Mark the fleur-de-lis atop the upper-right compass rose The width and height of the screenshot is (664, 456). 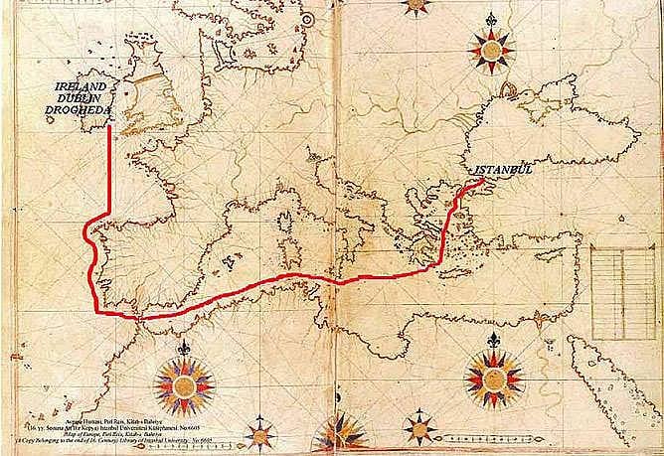492,17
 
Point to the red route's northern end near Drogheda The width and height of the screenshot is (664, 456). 110,127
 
